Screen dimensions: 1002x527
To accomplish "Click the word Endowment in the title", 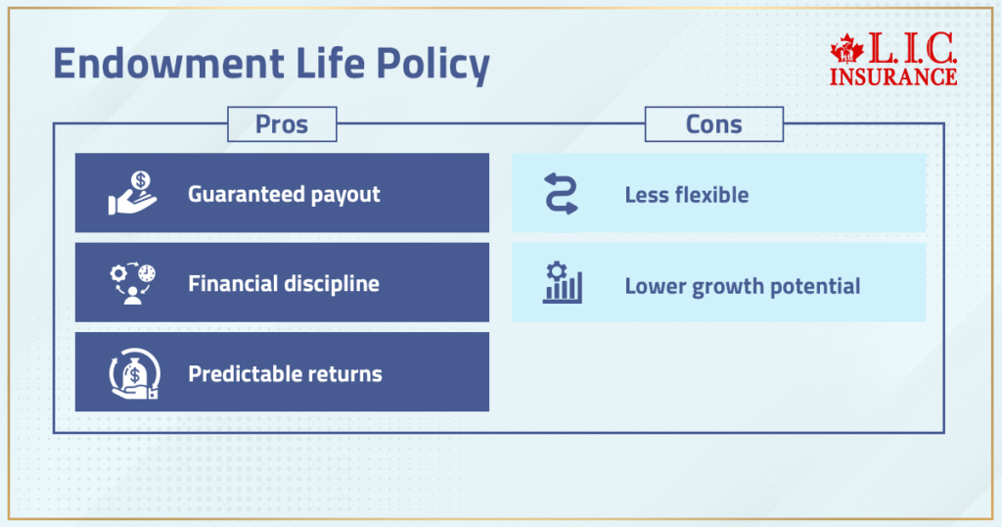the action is pyautogui.click(x=168, y=63).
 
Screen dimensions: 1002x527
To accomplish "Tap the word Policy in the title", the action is pyautogui.click(x=433, y=66).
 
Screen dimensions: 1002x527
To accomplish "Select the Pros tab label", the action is pyautogui.click(x=282, y=124).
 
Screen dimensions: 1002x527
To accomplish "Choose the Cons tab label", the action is pyautogui.click(x=713, y=124).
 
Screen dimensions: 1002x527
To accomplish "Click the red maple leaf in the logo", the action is pyautogui.click(x=846, y=49).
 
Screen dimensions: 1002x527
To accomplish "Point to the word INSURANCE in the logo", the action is pyautogui.click(x=893, y=76).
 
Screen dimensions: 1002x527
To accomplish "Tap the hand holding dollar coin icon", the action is pyautogui.click(x=133, y=193).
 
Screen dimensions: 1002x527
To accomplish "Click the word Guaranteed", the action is pyautogui.click(x=246, y=194).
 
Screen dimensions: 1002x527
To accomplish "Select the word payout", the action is pyautogui.click(x=345, y=195).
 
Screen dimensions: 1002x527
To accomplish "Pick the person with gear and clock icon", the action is pyautogui.click(x=133, y=283).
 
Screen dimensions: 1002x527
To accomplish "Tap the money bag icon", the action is pyautogui.click(x=134, y=373).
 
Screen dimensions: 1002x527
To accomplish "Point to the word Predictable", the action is pyautogui.click(x=246, y=373).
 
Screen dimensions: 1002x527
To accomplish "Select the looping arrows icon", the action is pyautogui.click(x=561, y=193).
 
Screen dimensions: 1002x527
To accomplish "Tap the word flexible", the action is pyautogui.click(x=713, y=194).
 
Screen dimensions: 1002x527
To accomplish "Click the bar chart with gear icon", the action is pyautogui.click(x=563, y=282).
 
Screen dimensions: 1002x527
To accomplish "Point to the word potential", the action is pyautogui.click(x=815, y=287).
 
